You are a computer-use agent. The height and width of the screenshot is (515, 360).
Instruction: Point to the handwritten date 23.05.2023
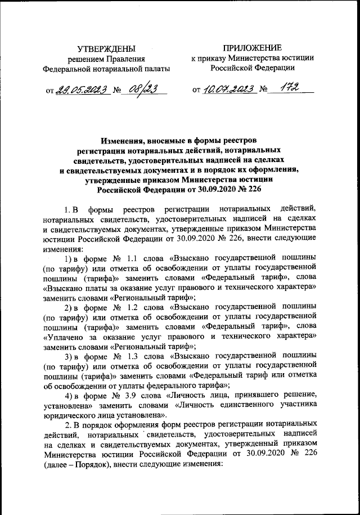(x=79, y=88)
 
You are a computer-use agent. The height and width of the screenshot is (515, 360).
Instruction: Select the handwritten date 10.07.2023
(x=229, y=88)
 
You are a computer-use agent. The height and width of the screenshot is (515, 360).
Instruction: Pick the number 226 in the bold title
(x=255, y=190)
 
